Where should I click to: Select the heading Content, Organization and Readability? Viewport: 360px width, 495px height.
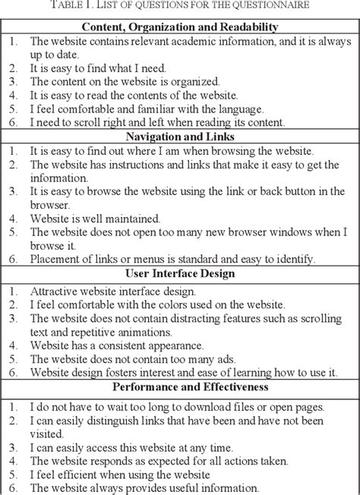click(180, 27)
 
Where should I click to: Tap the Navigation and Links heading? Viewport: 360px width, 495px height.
click(180, 137)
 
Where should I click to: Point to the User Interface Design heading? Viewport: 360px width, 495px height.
click(180, 272)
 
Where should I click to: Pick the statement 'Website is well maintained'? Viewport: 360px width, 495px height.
click(95, 219)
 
